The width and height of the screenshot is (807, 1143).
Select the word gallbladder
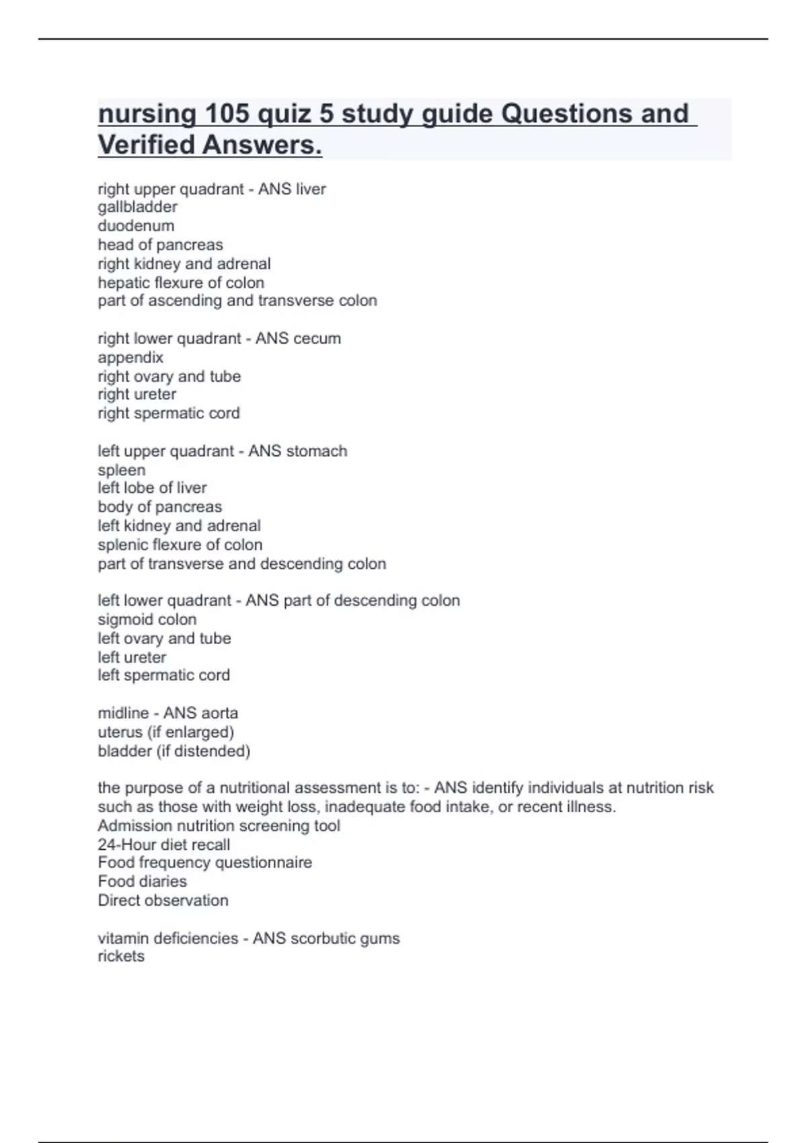138,207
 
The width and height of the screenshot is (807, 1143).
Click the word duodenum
136,226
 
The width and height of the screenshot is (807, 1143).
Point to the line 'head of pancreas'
160,245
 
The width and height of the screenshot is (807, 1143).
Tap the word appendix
130,357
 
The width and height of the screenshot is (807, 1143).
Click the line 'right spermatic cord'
169,413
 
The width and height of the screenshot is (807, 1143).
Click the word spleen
122,470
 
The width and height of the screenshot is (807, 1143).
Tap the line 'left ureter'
132,657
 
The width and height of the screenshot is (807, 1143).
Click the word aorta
219,713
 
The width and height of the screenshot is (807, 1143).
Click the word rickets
121,956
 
